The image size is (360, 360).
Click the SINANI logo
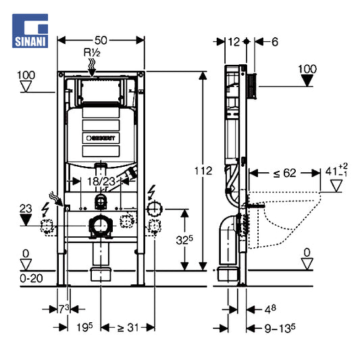pyautogui.click(x=30, y=31)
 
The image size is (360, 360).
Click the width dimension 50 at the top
pyautogui.click(x=101, y=41)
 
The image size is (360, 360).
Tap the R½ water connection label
pyautogui.click(x=92, y=53)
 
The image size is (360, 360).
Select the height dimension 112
pyautogui.click(x=203, y=171)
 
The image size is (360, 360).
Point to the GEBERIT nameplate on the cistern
pyautogui.click(x=101, y=138)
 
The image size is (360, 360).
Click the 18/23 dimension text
pyautogui.click(x=101, y=182)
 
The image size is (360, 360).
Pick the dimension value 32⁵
pyautogui.click(x=184, y=240)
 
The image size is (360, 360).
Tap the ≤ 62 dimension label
pyautogui.click(x=285, y=173)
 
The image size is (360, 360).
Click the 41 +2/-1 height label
pyautogui.click(x=336, y=171)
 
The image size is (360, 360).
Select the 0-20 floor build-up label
pyautogui.click(x=31, y=278)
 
